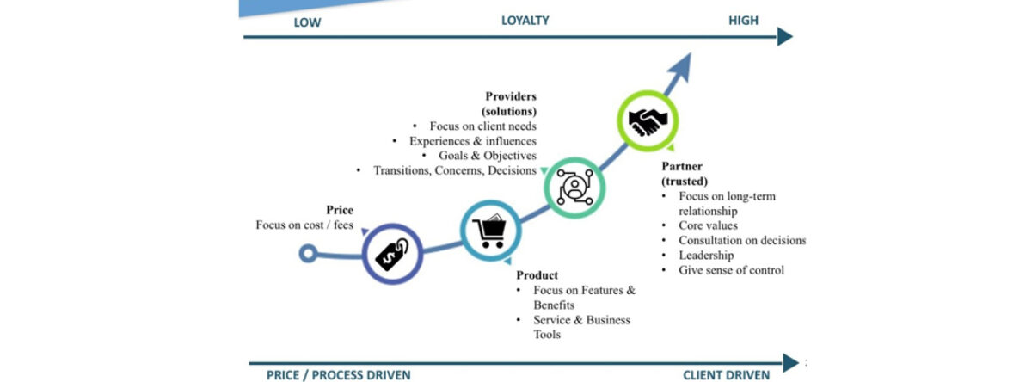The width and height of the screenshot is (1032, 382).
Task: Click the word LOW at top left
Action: [307, 22]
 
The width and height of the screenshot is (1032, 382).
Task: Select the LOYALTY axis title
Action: [525, 20]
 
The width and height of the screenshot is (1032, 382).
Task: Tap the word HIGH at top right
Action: [743, 20]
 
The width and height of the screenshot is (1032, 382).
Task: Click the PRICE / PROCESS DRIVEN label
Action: [339, 374]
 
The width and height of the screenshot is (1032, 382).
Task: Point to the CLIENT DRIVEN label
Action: [726, 374]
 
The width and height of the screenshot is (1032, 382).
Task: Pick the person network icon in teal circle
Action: [575, 184]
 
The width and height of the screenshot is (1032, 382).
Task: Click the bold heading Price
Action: [340, 210]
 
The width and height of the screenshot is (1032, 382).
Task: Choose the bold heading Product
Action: [537, 275]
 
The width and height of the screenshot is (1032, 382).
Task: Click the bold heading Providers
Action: [511, 96]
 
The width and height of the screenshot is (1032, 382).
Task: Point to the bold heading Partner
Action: [682, 166]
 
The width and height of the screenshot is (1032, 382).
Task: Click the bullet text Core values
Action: [708, 225]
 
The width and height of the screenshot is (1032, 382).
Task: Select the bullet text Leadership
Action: [706, 255]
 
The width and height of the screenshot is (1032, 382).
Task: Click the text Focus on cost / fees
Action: [304, 225]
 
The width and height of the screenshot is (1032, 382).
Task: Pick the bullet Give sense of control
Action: [731, 270]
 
